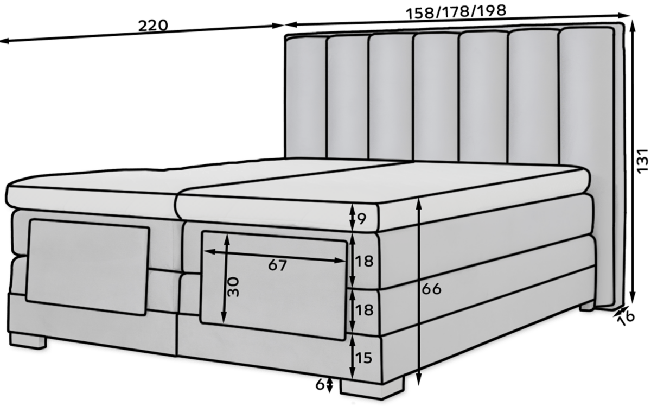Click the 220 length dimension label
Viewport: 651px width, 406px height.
pos(152,25)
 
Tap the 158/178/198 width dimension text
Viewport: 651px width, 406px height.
pos(456,11)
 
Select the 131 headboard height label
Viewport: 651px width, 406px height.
pos(642,161)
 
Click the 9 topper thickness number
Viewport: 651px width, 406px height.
pos(362,219)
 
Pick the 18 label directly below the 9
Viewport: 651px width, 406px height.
pos(365,261)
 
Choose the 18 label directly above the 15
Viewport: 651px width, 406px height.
pos(365,310)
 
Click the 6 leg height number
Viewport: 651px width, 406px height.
pos(320,384)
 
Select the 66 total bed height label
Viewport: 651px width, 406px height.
pos(432,289)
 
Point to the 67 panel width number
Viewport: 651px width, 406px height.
pos(277,265)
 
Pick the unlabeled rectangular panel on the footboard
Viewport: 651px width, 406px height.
pos(87,266)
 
